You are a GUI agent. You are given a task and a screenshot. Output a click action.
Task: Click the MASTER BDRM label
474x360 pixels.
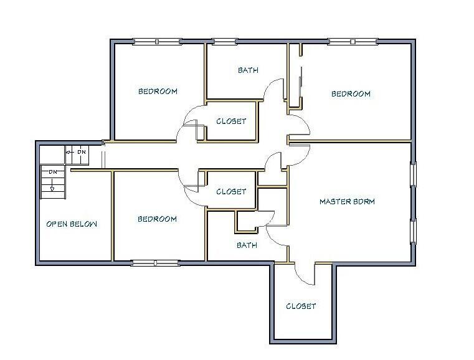tap(347, 201)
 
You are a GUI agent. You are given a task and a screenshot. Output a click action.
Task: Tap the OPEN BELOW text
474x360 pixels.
tap(72, 224)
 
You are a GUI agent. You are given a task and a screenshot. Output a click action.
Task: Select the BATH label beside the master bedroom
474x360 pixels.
tap(247, 245)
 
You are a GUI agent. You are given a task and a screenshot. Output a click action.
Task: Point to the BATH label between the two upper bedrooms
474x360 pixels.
tap(248, 70)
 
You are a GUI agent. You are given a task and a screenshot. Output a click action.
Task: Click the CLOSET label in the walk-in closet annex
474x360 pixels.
tap(301, 306)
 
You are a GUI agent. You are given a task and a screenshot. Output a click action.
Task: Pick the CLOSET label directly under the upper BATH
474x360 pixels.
tap(231, 121)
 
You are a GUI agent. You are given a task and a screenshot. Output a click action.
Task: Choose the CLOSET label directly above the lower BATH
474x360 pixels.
tap(231, 191)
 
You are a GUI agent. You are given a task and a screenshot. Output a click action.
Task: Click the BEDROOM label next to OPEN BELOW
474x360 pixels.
tap(157, 219)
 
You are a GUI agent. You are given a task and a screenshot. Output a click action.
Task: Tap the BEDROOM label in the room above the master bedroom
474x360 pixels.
tap(351, 93)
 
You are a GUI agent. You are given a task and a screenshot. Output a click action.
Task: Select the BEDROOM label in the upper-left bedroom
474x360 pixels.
tap(158, 91)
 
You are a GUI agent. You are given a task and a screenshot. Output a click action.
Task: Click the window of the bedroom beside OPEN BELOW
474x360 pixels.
tap(156, 263)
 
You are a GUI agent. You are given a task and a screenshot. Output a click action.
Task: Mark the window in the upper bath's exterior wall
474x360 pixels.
tap(224, 41)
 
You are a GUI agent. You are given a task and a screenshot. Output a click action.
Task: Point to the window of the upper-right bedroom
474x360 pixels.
tap(353, 41)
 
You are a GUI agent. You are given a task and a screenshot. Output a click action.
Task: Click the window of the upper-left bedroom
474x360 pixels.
tap(157, 41)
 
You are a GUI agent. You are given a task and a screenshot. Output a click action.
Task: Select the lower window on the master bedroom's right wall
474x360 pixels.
tap(413, 231)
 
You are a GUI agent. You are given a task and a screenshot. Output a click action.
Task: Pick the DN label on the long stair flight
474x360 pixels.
tap(53, 172)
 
